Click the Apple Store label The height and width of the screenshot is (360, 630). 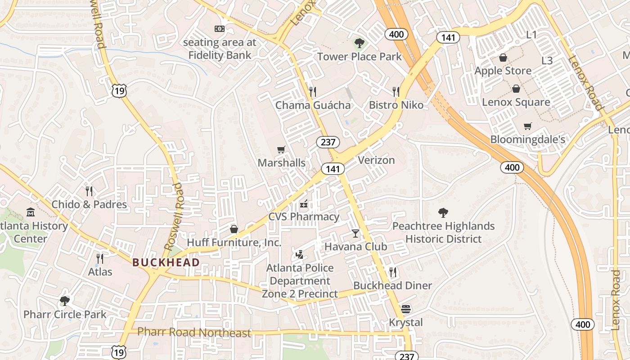click(x=503, y=71)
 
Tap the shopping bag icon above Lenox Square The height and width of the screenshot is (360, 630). click(x=516, y=89)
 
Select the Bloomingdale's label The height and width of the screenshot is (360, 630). click(x=527, y=139)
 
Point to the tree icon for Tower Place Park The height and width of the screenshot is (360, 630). click(x=359, y=43)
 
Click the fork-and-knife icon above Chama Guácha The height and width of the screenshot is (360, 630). click(x=313, y=92)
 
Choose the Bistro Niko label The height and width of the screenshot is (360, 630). click(x=396, y=105)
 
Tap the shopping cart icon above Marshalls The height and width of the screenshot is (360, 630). click(x=281, y=149)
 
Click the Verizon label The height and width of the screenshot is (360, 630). click(x=376, y=160)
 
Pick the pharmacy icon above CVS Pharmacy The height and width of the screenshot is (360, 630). click(x=304, y=204)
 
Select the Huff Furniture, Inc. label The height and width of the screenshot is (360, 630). click(x=234, y=243)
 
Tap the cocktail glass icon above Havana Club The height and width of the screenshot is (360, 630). click(x=355, y=233)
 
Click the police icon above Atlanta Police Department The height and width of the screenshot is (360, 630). click(x=299, y=255)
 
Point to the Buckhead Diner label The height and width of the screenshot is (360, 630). click(x=392, y=286)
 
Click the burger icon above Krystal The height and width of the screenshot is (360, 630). click(x=406, y=309)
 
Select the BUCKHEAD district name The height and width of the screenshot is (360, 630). click(x=166, y=262)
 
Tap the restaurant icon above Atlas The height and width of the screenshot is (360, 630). click(x=100, y=258)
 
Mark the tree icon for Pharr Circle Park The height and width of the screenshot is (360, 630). click(x=65, y=301)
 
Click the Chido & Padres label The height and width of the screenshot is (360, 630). click(x=89, y=205)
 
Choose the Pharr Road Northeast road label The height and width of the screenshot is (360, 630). click(x=194, y=333)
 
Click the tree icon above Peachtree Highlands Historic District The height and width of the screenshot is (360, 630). click(x=443, y=212)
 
